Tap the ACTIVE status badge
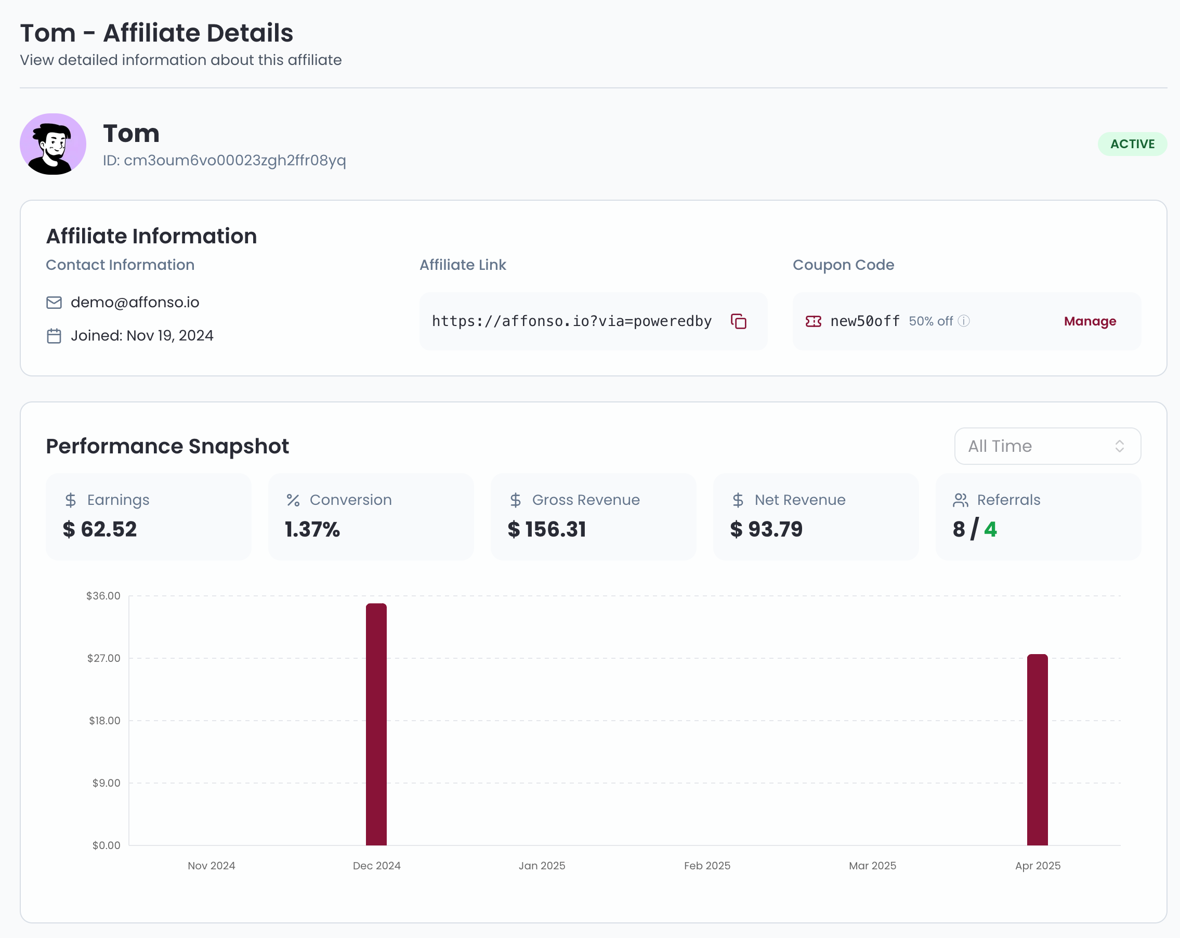coord(1132,144)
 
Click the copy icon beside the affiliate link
coord(738,321)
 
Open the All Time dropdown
coord(1047,446)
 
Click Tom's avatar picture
coord(53,145)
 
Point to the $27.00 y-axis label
coord(103,658)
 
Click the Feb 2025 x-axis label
coord(706,866)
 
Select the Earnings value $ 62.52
coord(100,529)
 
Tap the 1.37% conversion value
coord(312,529)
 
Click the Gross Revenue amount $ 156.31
coord(547,529)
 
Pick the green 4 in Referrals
coord(990,529)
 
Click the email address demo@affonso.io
coord(135,302)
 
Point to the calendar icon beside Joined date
coord(54,336)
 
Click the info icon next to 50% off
coord(964,321)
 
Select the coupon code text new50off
coord(865,321)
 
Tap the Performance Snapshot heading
coord(167,446)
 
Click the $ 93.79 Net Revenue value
coord(766,529)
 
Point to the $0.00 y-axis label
coord(106,845)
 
